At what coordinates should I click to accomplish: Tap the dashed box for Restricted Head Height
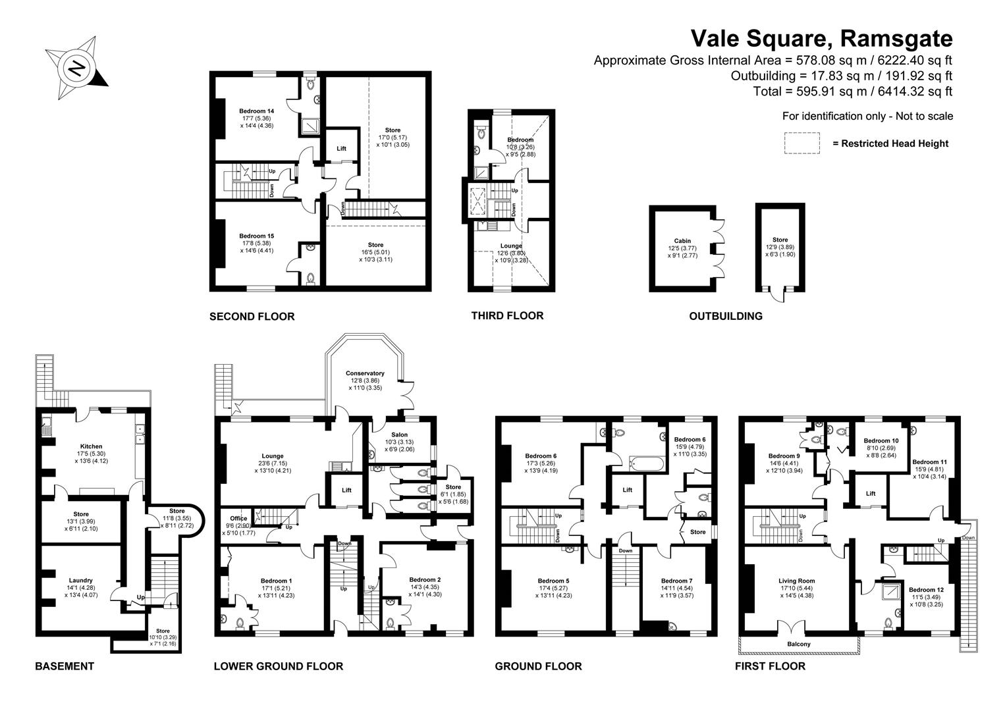click(801, 143)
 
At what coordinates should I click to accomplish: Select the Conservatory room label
click(365, 373)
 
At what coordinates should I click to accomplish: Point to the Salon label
click(399, 434)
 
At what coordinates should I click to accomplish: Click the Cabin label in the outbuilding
click(682, 241)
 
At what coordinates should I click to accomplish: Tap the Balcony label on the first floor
click(799, 644)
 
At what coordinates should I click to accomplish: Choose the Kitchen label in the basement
click(91, 446)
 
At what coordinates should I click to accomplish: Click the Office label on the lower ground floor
click(238, 518)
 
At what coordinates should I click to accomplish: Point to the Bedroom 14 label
click(256, 111)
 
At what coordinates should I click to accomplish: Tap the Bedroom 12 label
click(925, 589)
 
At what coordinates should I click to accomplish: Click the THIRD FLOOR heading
click(507, 316)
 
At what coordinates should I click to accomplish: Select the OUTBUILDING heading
click(725, 316)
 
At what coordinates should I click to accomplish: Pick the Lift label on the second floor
click(341, 149)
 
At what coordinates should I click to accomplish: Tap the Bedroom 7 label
click(677, 581)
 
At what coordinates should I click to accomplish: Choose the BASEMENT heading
click(64, 666)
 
